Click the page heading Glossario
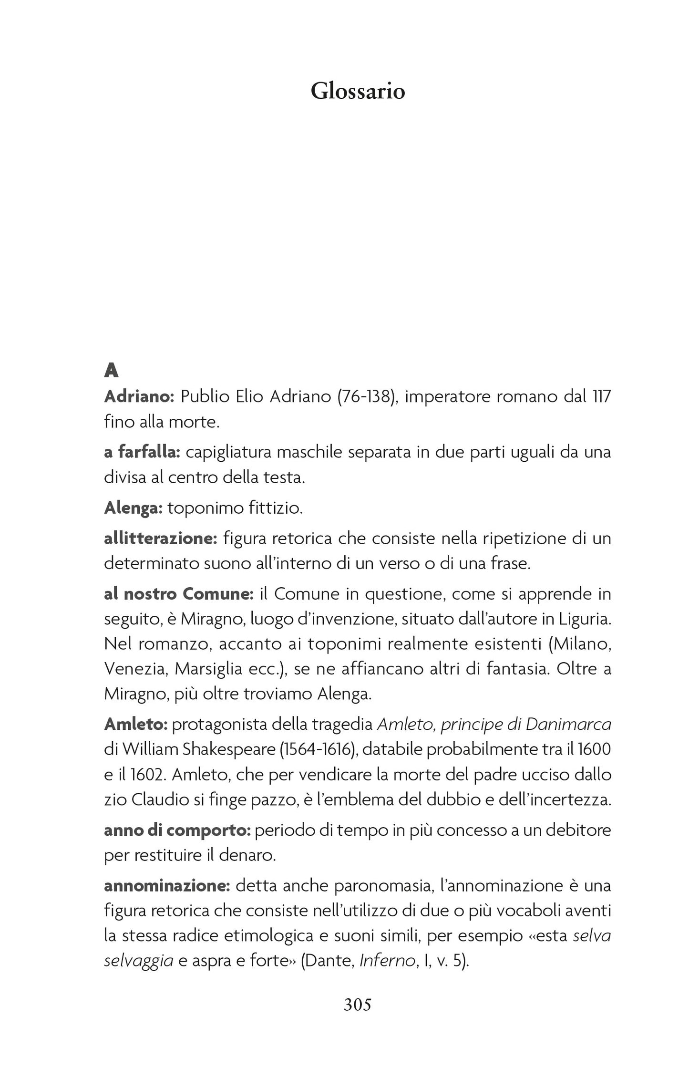point(358,91)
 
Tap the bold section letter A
point(111,370)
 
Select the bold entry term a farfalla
point(142,452)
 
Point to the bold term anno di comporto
point(177,830)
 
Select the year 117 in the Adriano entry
point(601,396)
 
